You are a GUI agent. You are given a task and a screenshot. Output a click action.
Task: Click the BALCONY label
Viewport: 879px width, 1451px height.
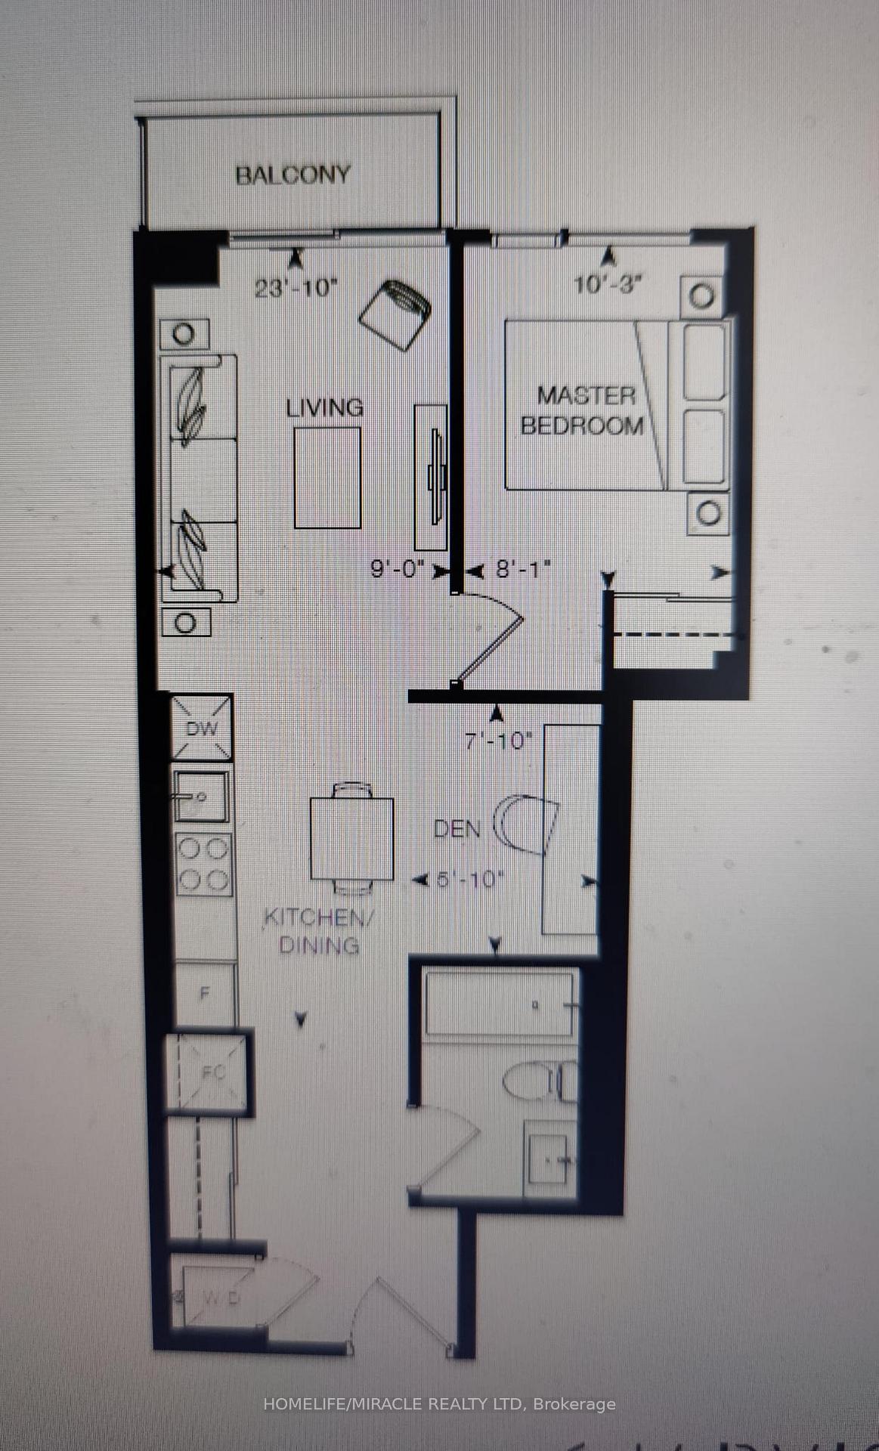pyautogui.click(x=292, y=175)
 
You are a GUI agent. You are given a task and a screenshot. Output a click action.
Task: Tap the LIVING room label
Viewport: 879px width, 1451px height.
pyautogui.click(x=324, y=408)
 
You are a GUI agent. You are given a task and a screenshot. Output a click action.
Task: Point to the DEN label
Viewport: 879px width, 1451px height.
pyautogui.click(x=457, y=829)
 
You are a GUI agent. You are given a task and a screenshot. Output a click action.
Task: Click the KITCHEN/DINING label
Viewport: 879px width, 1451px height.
pyautogui.click(x=318, y=931)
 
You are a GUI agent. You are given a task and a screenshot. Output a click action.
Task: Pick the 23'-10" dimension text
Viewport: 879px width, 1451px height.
pyautogui.click(x=294, y=288)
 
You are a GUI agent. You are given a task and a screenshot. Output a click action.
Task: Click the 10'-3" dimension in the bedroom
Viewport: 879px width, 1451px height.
pyautogui.click(x=608, y=285)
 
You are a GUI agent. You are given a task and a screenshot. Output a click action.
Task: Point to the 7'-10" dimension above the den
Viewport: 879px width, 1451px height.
pyautogui.click(x=499, y=741)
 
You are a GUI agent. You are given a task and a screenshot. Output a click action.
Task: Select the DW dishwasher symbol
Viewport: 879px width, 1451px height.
pyautogui.click(x=201, y=729)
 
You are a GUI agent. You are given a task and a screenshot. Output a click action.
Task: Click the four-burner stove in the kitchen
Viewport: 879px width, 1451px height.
pyautogui.click(x=203, y=864)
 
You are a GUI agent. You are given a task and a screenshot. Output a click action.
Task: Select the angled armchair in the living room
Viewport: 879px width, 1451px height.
pyautogui.click(x=395, y=313)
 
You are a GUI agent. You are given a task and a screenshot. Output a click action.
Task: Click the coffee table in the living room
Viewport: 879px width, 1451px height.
pyautogui.click(x=327, y=478)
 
